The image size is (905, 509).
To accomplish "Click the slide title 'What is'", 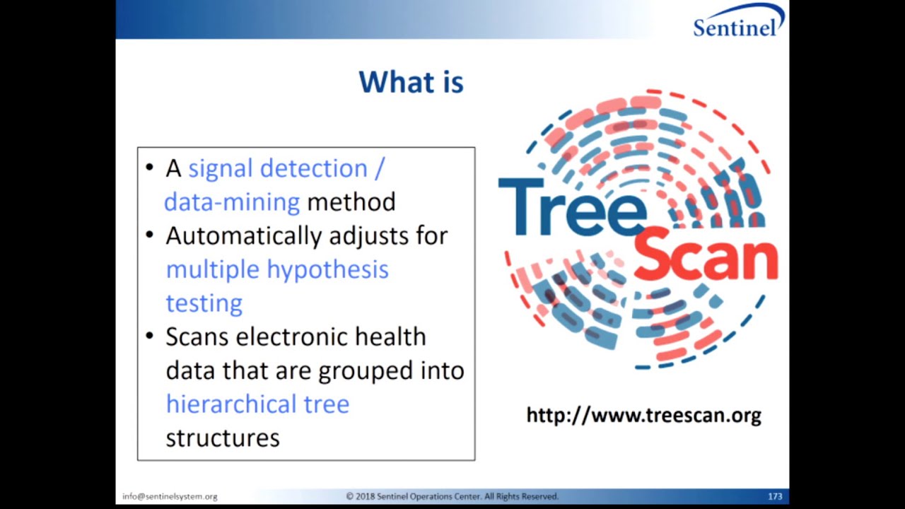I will pos(411,82).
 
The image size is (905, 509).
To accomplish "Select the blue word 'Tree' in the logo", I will pos(572,207).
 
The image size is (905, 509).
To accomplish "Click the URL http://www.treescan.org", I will pos(643,415).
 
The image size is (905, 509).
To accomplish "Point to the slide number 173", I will pos(775,497).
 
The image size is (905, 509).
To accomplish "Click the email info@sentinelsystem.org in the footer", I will pos(170,497).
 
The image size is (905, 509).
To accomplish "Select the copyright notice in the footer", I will pos(452,497).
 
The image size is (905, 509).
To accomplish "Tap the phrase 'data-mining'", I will pos(232,202).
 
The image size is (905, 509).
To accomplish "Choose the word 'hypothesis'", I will pos(327,269).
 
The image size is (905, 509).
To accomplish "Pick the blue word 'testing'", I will pos(204,303).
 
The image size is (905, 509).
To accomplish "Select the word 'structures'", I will pos(223,438).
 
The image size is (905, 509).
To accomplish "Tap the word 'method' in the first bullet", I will pos(351,202).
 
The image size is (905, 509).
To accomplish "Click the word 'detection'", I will pos(313,169).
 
